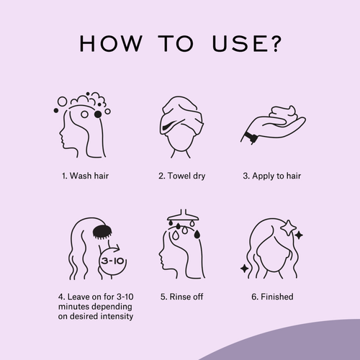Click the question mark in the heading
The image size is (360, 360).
(275, 43)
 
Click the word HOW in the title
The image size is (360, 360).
(111, 43)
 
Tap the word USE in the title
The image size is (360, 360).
(240, 43)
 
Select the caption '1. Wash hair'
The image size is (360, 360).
(85, 176)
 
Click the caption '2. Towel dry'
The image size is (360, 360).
(181, 176)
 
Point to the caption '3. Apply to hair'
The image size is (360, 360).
(271, 176)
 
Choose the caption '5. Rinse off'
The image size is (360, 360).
(181, 297)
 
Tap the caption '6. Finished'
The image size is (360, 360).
(272, 297)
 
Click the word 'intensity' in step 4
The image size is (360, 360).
(117, 316)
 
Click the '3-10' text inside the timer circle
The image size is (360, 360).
(112, 261)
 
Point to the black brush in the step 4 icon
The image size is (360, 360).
(102, 232)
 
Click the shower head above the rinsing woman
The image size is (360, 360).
(183, 215)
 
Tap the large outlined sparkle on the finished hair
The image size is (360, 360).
(288, 228)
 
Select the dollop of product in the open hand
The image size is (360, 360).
(283, 114)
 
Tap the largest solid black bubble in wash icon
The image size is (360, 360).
(98, 114)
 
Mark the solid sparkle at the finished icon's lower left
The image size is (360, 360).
(245, 269)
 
